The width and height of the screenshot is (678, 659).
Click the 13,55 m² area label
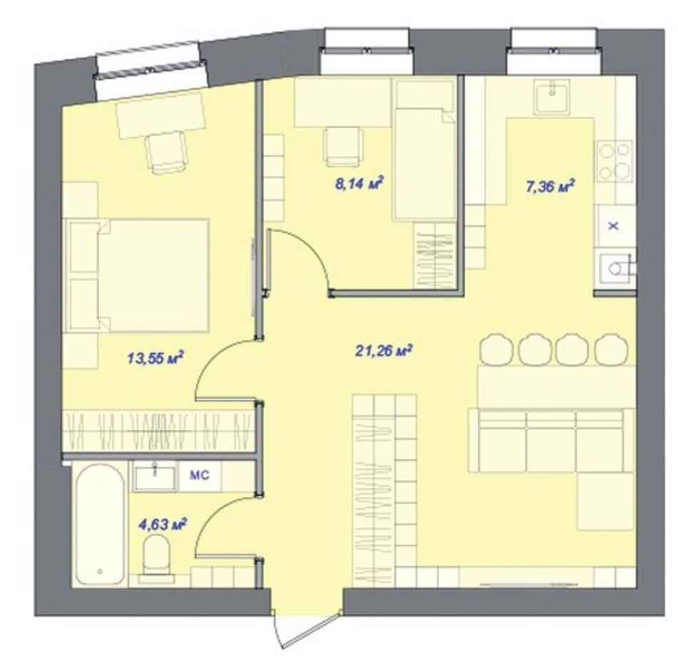point(156,358)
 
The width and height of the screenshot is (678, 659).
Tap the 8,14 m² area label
point(360,183)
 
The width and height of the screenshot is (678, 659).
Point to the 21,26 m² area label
point(383,350)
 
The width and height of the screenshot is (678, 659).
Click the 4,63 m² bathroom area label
point(162,525)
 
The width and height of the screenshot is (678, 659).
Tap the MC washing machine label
point(199,475)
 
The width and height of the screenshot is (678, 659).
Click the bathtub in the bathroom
point(99,525)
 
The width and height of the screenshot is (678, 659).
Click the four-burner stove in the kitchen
point(614,160)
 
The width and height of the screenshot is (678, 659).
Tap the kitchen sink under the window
point(551,96)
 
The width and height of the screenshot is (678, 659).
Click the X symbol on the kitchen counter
point(613,225)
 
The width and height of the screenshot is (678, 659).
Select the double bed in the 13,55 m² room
point(136,275)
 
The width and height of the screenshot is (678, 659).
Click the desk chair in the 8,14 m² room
point(343,145)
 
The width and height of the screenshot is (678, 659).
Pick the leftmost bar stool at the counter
point(496,349)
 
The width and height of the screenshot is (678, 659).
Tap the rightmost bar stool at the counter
point(611,349)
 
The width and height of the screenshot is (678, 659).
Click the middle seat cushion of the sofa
point(551,441)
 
